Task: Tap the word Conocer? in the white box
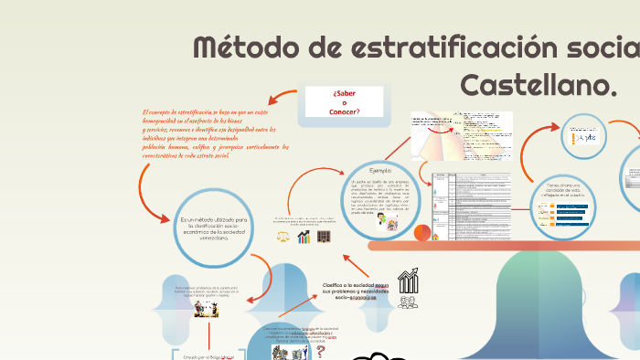(x=344, y=112)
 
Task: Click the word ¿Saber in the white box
(x=344, y=93)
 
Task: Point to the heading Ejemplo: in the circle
(x=379, y=171)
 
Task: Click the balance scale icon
(x=283, y=237)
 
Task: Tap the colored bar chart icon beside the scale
(x=303, y=237)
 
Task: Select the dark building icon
(x=324, y=237)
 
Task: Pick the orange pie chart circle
(x=421, y=233)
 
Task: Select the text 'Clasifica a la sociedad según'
(x=357, y=285)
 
